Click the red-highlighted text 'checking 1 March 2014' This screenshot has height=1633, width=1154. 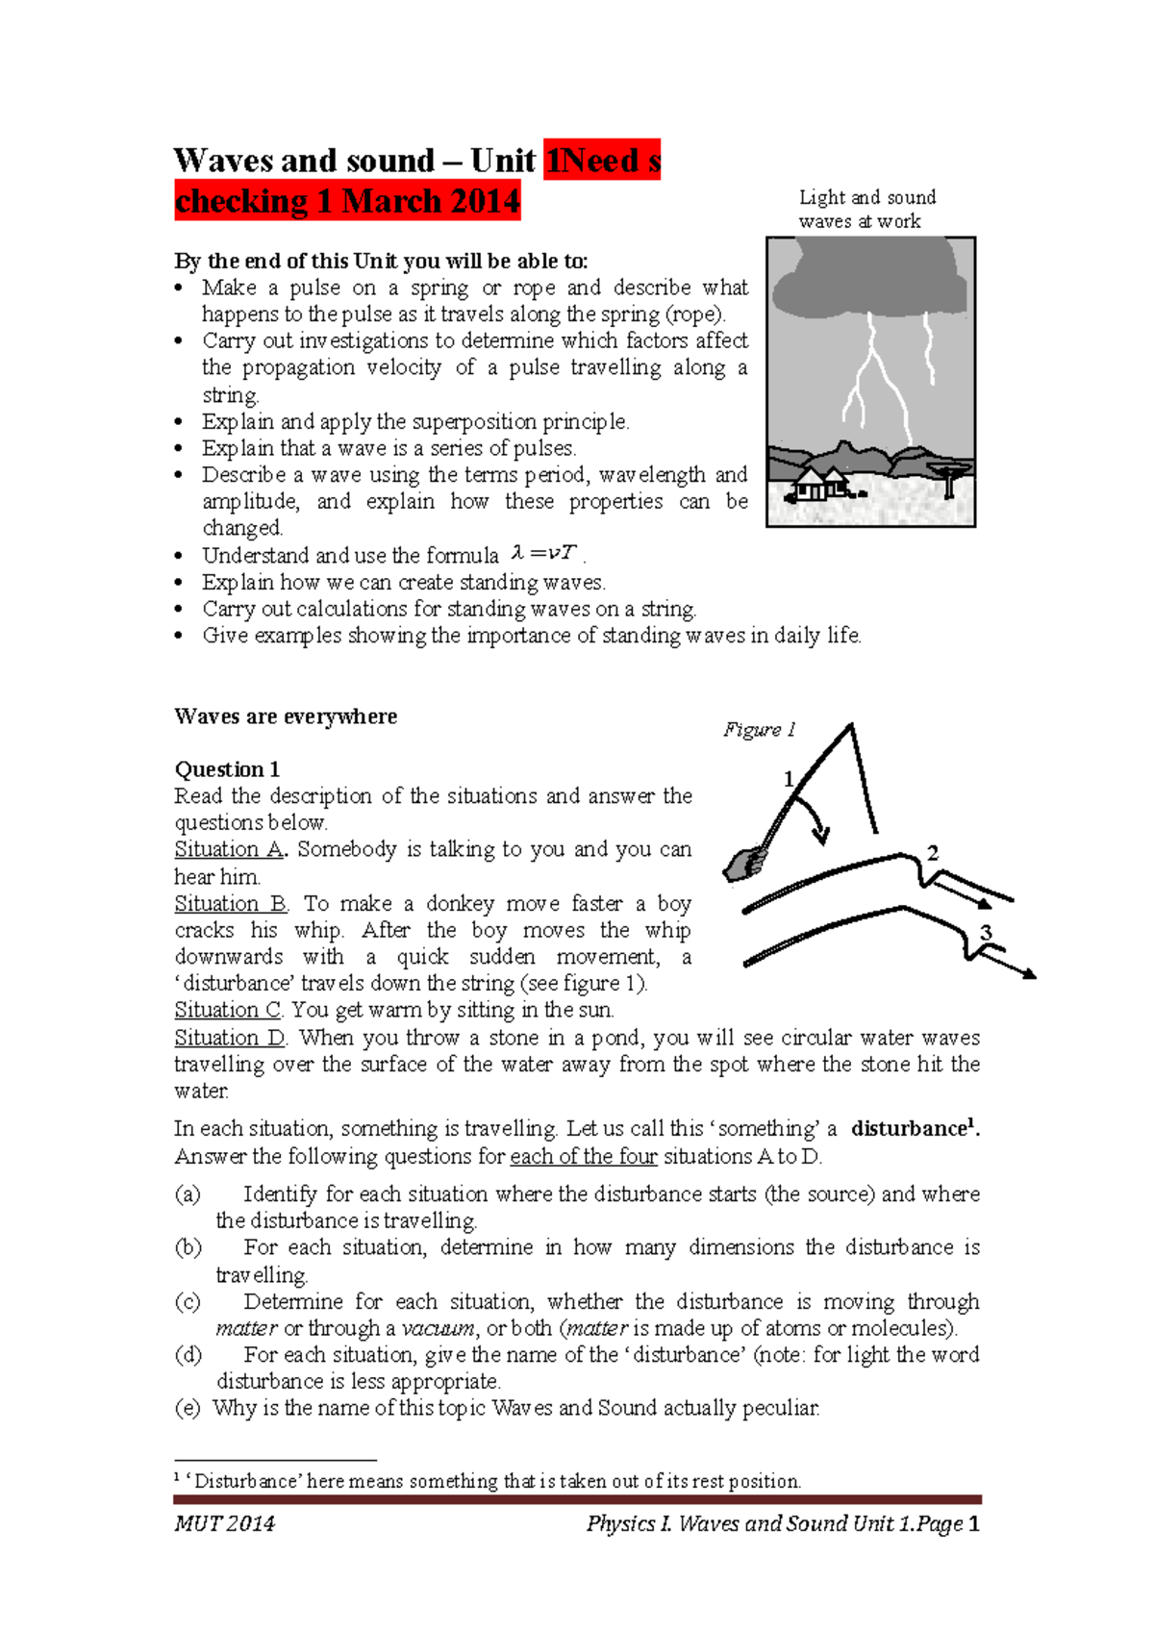(347, 201)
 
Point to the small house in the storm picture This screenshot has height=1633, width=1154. (818, 484)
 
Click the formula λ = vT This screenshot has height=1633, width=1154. (544, 554)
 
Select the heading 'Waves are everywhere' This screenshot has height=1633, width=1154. (286, 716)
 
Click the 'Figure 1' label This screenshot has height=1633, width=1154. (759, 729)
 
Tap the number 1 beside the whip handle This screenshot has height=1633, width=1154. (789, 779)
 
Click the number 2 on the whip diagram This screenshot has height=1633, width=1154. (932, 853)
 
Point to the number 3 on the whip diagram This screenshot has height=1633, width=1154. (986, 931)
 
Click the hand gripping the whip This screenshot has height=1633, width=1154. (743, 864)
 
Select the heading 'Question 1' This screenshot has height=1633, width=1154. (227, 769)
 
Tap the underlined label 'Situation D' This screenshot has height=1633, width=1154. (230, 1038)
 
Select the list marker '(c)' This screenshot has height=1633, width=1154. (188, 1301)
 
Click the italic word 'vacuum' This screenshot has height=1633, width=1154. (438, 1328)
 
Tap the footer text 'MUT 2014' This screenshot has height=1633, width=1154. (224, 1523)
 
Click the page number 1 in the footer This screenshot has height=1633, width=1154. (974, 1523)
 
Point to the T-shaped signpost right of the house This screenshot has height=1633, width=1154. (948, 478)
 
